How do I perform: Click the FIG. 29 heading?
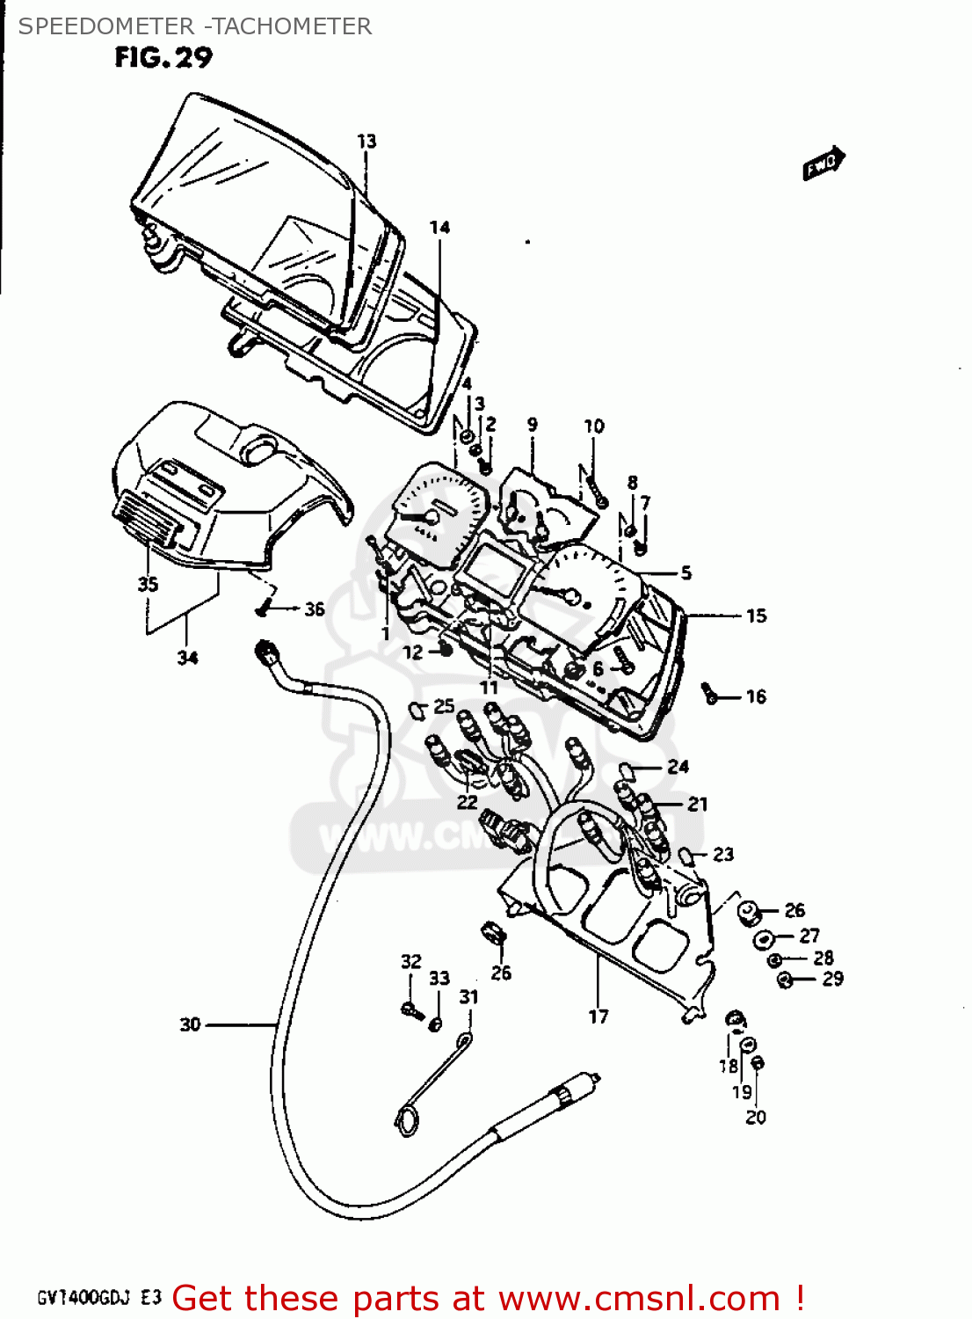point(163,58)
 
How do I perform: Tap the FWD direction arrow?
point(823,164)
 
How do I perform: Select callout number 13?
point(366,141)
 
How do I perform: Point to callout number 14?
point(439,228)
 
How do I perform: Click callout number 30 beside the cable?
point(191,1024)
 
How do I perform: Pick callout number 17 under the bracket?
point(598,1017)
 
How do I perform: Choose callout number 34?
point(187,657)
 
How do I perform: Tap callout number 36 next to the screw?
point(314,608)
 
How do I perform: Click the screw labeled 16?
point(710,694)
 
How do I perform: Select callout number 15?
point(756,616)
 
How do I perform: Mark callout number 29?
point(832,979)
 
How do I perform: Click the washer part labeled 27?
point(763,938)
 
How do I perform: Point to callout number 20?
point(756,1117)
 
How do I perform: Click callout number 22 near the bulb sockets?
point(467,801)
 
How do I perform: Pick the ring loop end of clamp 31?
point(408,1119)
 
